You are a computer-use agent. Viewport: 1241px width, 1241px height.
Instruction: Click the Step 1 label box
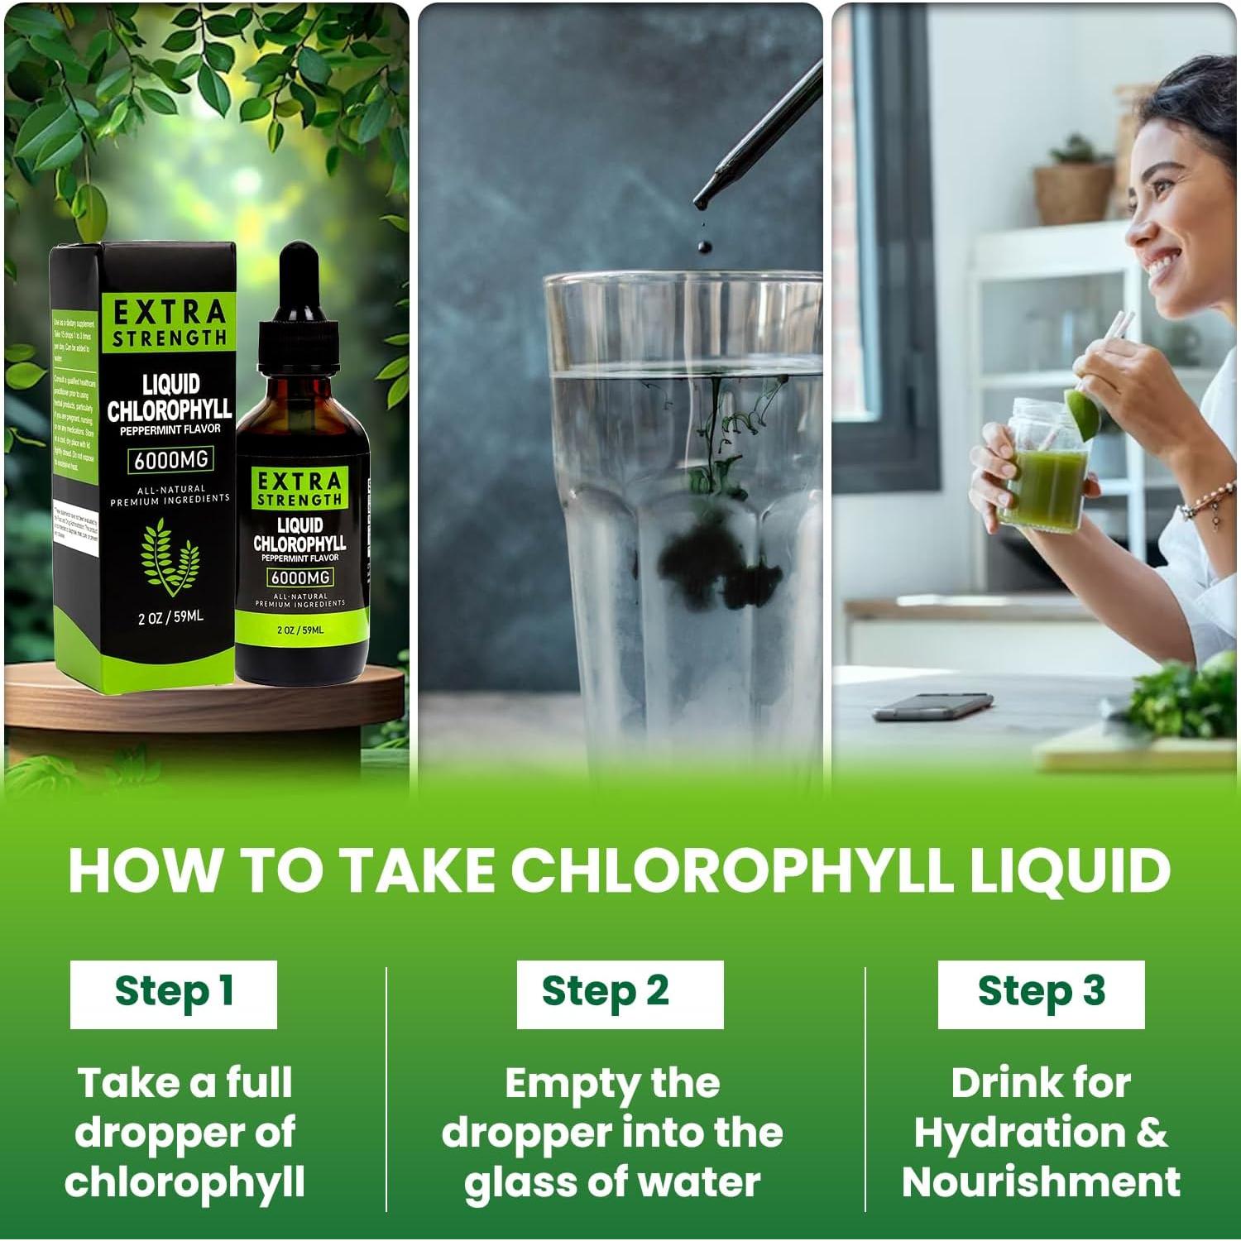(173, 994)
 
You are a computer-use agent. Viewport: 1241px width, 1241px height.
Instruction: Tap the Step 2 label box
(620, 994)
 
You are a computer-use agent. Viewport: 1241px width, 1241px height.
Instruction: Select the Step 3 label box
(1041, 994)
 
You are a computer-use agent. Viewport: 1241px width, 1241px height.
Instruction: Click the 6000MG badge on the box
(170, 459)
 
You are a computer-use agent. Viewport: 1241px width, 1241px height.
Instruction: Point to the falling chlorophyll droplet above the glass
(704, 246)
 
